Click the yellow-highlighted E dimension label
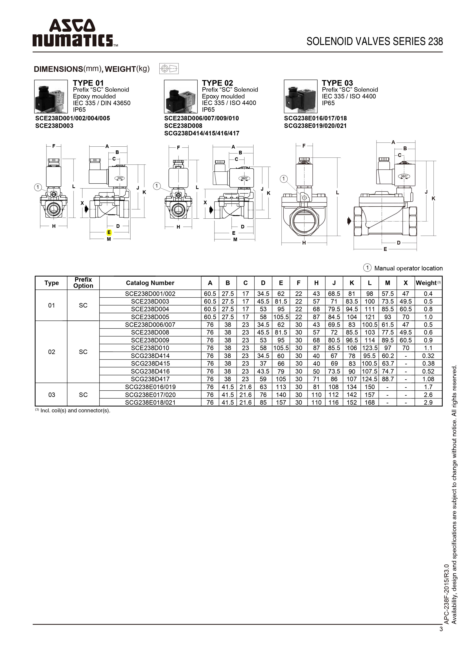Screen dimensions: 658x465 [109, 232]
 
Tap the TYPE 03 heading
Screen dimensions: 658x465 [337, 83]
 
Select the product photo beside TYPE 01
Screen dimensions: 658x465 [51, 97]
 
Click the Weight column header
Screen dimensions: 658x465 [428, 283]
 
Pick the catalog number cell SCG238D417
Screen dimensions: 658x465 [150, 379]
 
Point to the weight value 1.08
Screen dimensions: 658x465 [428, 379]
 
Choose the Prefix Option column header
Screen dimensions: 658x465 [83, 283]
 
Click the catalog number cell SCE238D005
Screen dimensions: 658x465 [150, 317]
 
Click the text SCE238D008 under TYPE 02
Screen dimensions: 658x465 [183, 125]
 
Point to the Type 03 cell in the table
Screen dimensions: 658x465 [52, 395]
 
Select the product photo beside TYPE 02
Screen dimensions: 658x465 [181, 97]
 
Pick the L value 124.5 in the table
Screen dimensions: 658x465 [370, 379]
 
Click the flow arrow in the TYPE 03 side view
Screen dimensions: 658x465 [349, 221]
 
